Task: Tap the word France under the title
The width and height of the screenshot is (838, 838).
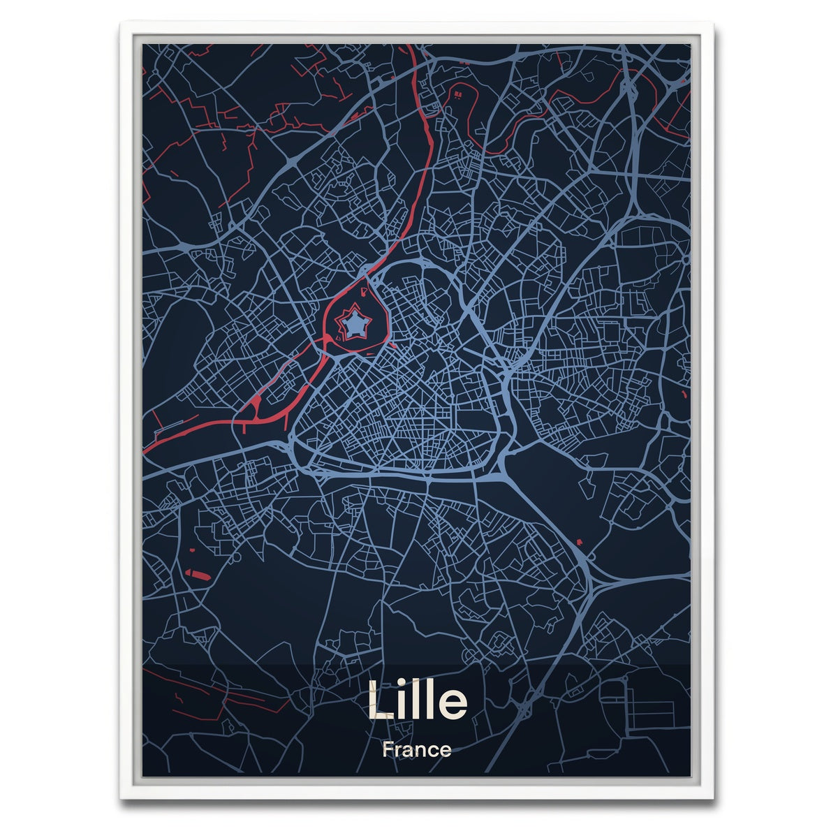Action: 417,751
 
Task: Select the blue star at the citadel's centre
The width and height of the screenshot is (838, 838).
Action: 357,323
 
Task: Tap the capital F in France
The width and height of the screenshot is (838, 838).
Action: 388,751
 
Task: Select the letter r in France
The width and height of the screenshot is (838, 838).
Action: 398,752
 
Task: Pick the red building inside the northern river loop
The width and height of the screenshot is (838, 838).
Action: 459,93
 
